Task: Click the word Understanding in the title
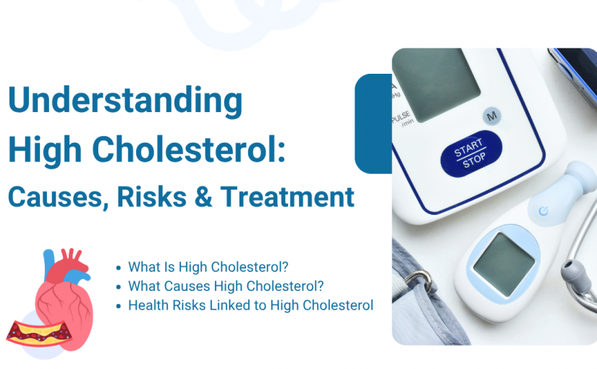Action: pos(125,100)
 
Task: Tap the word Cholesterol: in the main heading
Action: pos(189,149)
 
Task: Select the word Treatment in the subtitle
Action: pos(287,197)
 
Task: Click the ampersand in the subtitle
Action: pos(203,197)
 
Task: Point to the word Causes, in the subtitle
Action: pos(59,198)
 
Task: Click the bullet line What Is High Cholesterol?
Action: pos(208,267)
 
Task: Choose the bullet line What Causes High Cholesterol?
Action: pos(226,286)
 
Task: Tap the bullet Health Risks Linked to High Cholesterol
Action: pos(250,305)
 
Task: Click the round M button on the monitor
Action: pos(492,115)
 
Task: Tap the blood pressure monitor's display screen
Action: pos(436,85)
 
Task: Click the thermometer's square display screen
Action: pos(504,264)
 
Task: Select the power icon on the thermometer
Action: pos(543,211)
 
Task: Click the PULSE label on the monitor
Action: pos(401,116)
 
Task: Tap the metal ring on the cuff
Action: pos(420,281)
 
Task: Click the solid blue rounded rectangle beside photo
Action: pos(373,124)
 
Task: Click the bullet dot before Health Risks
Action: pos(119,306)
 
